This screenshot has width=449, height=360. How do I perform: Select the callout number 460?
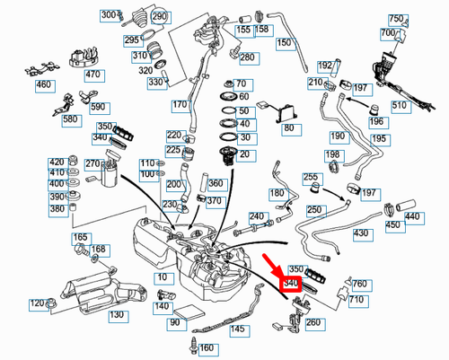43,85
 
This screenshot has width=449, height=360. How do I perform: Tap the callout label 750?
396,19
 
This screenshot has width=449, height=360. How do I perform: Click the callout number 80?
288,128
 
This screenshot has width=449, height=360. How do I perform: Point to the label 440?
412,216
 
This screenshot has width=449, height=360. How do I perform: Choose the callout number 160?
207,347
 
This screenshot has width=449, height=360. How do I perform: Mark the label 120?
38,303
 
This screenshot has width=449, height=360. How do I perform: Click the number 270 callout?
92,163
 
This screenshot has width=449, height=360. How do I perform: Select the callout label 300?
109,15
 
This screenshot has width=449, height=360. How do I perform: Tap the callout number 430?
361,233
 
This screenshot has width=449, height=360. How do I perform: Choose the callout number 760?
358,283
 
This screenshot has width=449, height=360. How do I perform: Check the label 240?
257,216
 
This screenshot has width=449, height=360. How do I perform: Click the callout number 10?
162,278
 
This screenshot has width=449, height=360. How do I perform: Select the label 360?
216,183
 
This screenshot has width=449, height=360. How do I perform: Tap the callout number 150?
284,42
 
